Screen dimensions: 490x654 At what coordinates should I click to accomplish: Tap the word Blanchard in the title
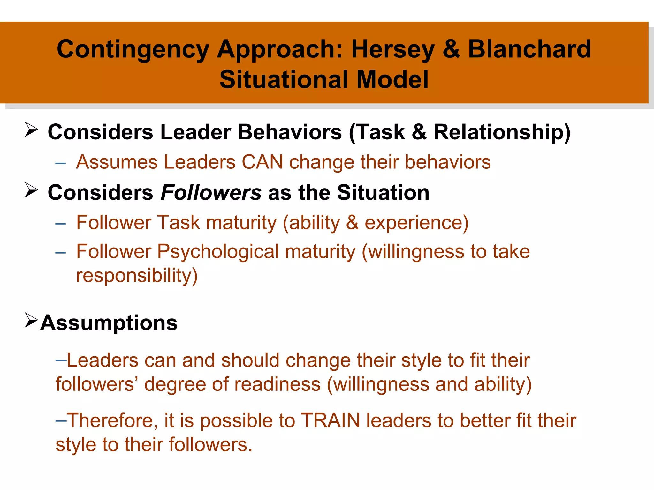coord(529,49)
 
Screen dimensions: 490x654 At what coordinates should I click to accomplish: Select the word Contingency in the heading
coord(133,49)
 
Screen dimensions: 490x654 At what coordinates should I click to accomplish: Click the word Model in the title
coord(392,79)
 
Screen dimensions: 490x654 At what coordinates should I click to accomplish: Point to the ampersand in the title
coord(451,49)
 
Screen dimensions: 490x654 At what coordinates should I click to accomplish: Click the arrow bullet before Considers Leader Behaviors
coord(31,130)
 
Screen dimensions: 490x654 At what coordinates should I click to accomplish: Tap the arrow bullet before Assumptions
coord(31,320)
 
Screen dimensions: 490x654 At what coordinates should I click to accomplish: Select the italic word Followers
coord(211,193)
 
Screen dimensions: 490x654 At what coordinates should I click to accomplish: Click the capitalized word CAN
coord(262,162)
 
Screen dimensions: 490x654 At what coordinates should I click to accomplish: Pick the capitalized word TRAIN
coord(331,420)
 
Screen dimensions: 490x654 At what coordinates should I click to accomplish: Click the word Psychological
coord(218,251)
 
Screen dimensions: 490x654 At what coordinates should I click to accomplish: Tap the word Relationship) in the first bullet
coord(502,132)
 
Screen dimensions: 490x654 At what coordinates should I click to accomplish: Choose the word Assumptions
coord(109,323)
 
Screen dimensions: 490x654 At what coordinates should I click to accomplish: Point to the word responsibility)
coord(137,275)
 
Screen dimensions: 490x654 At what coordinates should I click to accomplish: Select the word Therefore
coord(112,420)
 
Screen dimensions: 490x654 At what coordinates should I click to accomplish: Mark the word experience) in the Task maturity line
coord(416,223)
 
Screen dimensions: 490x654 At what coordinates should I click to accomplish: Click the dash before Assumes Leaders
coord(60,163)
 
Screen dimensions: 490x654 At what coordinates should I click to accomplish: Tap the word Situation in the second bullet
coord(383,193)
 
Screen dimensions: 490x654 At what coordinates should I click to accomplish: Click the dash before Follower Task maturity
coord(60,224)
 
